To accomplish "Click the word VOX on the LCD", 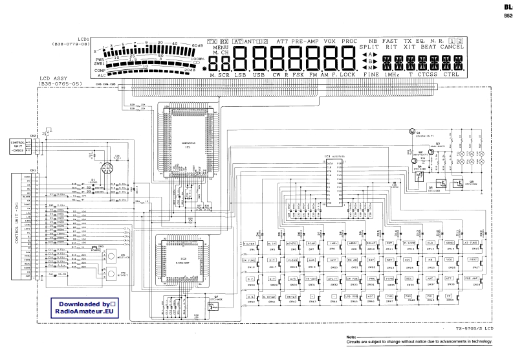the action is pos(330,41).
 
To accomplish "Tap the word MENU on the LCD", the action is pos(220,47).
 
